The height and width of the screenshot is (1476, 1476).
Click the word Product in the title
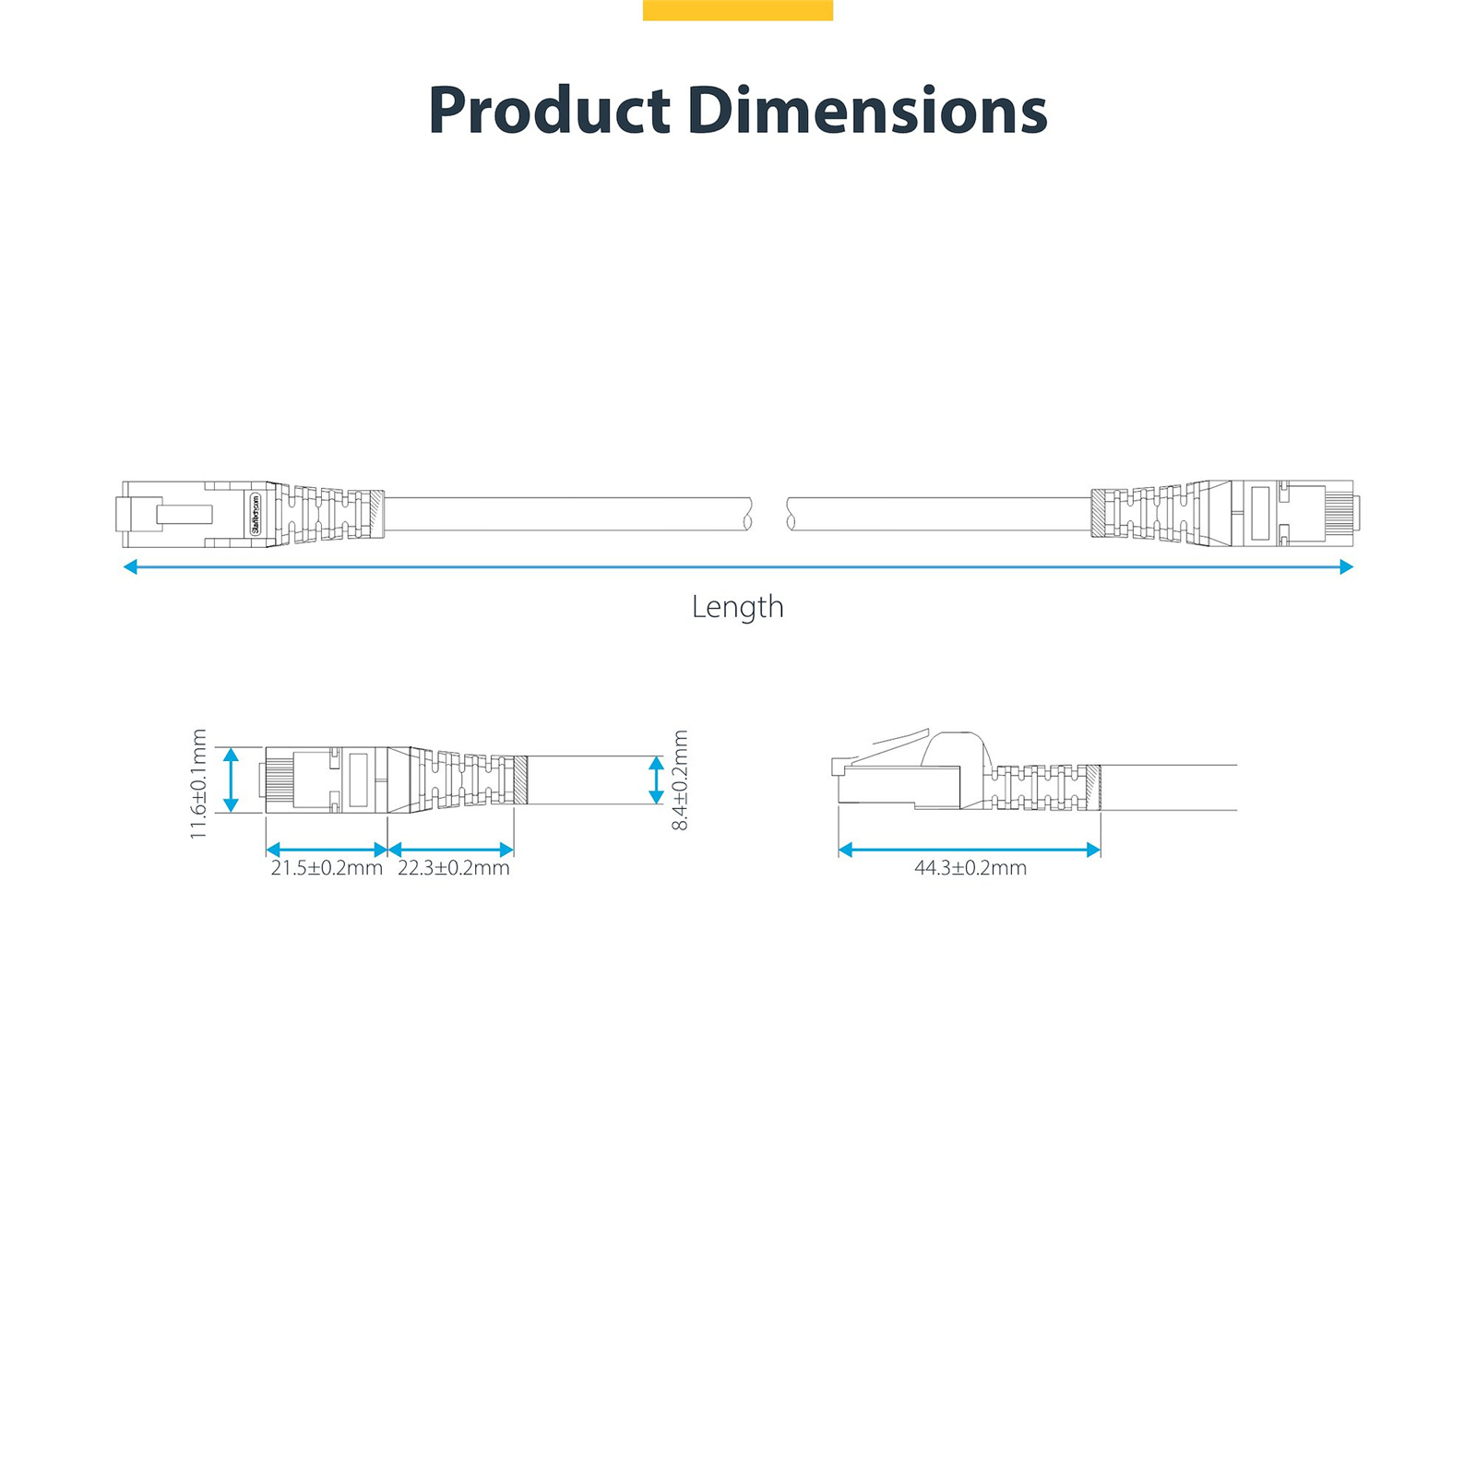coord(550,111)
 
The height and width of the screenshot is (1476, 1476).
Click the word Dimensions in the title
coord(867,111)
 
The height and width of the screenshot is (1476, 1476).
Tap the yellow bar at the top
coord(738,10)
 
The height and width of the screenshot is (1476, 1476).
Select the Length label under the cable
coord(738,606)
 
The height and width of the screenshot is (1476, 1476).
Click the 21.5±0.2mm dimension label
coord(327,868)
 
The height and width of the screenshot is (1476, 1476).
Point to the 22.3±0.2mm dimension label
coord(454,868)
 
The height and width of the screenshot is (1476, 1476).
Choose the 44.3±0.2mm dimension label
coord(970,868)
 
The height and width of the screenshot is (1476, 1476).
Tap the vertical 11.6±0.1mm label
coord(198,784)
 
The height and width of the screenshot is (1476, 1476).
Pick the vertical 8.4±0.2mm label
coord(680,780)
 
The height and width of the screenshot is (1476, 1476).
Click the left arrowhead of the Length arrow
coord(130,566)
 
